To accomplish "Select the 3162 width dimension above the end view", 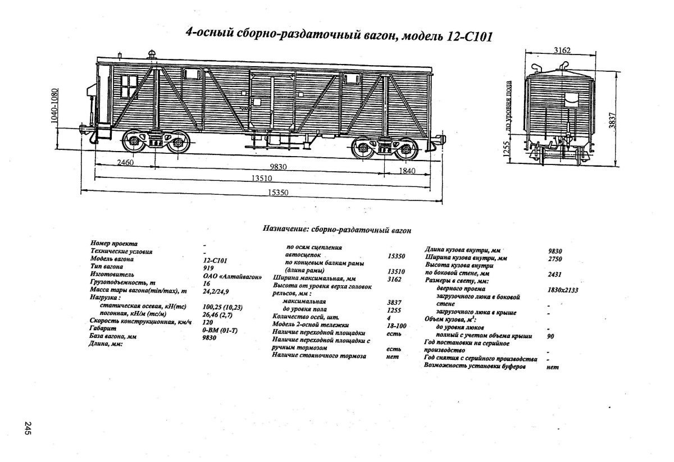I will coord(562,51).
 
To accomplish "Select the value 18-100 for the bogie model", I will coord(397,325).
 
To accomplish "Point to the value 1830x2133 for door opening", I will coord(563,290).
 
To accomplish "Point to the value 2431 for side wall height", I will coord(554,275).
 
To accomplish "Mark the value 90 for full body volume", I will coord(550,336).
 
